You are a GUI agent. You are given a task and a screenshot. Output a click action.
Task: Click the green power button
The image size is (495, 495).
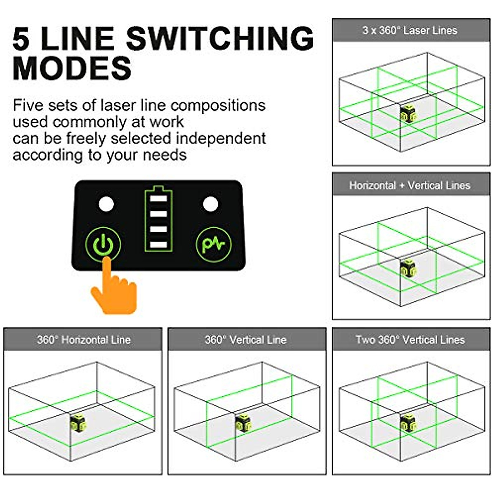pos(103,245)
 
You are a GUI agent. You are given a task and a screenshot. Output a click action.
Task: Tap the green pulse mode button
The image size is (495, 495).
pos(214,245)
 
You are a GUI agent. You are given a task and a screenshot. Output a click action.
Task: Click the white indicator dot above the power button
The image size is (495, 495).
pos(106,204)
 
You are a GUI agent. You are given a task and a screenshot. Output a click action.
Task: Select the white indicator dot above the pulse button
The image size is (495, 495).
pos(210,204)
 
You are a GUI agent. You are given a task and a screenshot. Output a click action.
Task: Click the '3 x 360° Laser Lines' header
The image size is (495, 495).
pos(410,30)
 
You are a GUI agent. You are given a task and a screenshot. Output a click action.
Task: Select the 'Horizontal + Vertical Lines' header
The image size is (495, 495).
pos(410,185)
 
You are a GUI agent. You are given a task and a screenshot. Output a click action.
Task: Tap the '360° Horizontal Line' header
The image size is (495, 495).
pos(83,339)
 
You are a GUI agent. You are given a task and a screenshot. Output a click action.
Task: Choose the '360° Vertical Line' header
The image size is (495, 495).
pos(246,339)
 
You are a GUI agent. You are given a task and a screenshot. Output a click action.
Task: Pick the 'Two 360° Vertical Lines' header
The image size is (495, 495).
pos(410,339)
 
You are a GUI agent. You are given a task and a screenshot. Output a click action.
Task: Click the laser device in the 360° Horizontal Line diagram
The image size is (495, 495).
pos(78,423)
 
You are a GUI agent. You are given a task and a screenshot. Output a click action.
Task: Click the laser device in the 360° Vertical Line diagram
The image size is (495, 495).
pos(243,423)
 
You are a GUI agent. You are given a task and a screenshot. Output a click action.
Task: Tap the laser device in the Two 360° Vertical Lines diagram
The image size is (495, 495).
pos(408,423)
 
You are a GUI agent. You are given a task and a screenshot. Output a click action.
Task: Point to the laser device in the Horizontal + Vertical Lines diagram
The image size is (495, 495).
pos(408,268)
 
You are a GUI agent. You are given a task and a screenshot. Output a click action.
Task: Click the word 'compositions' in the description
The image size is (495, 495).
pos(218,106)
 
